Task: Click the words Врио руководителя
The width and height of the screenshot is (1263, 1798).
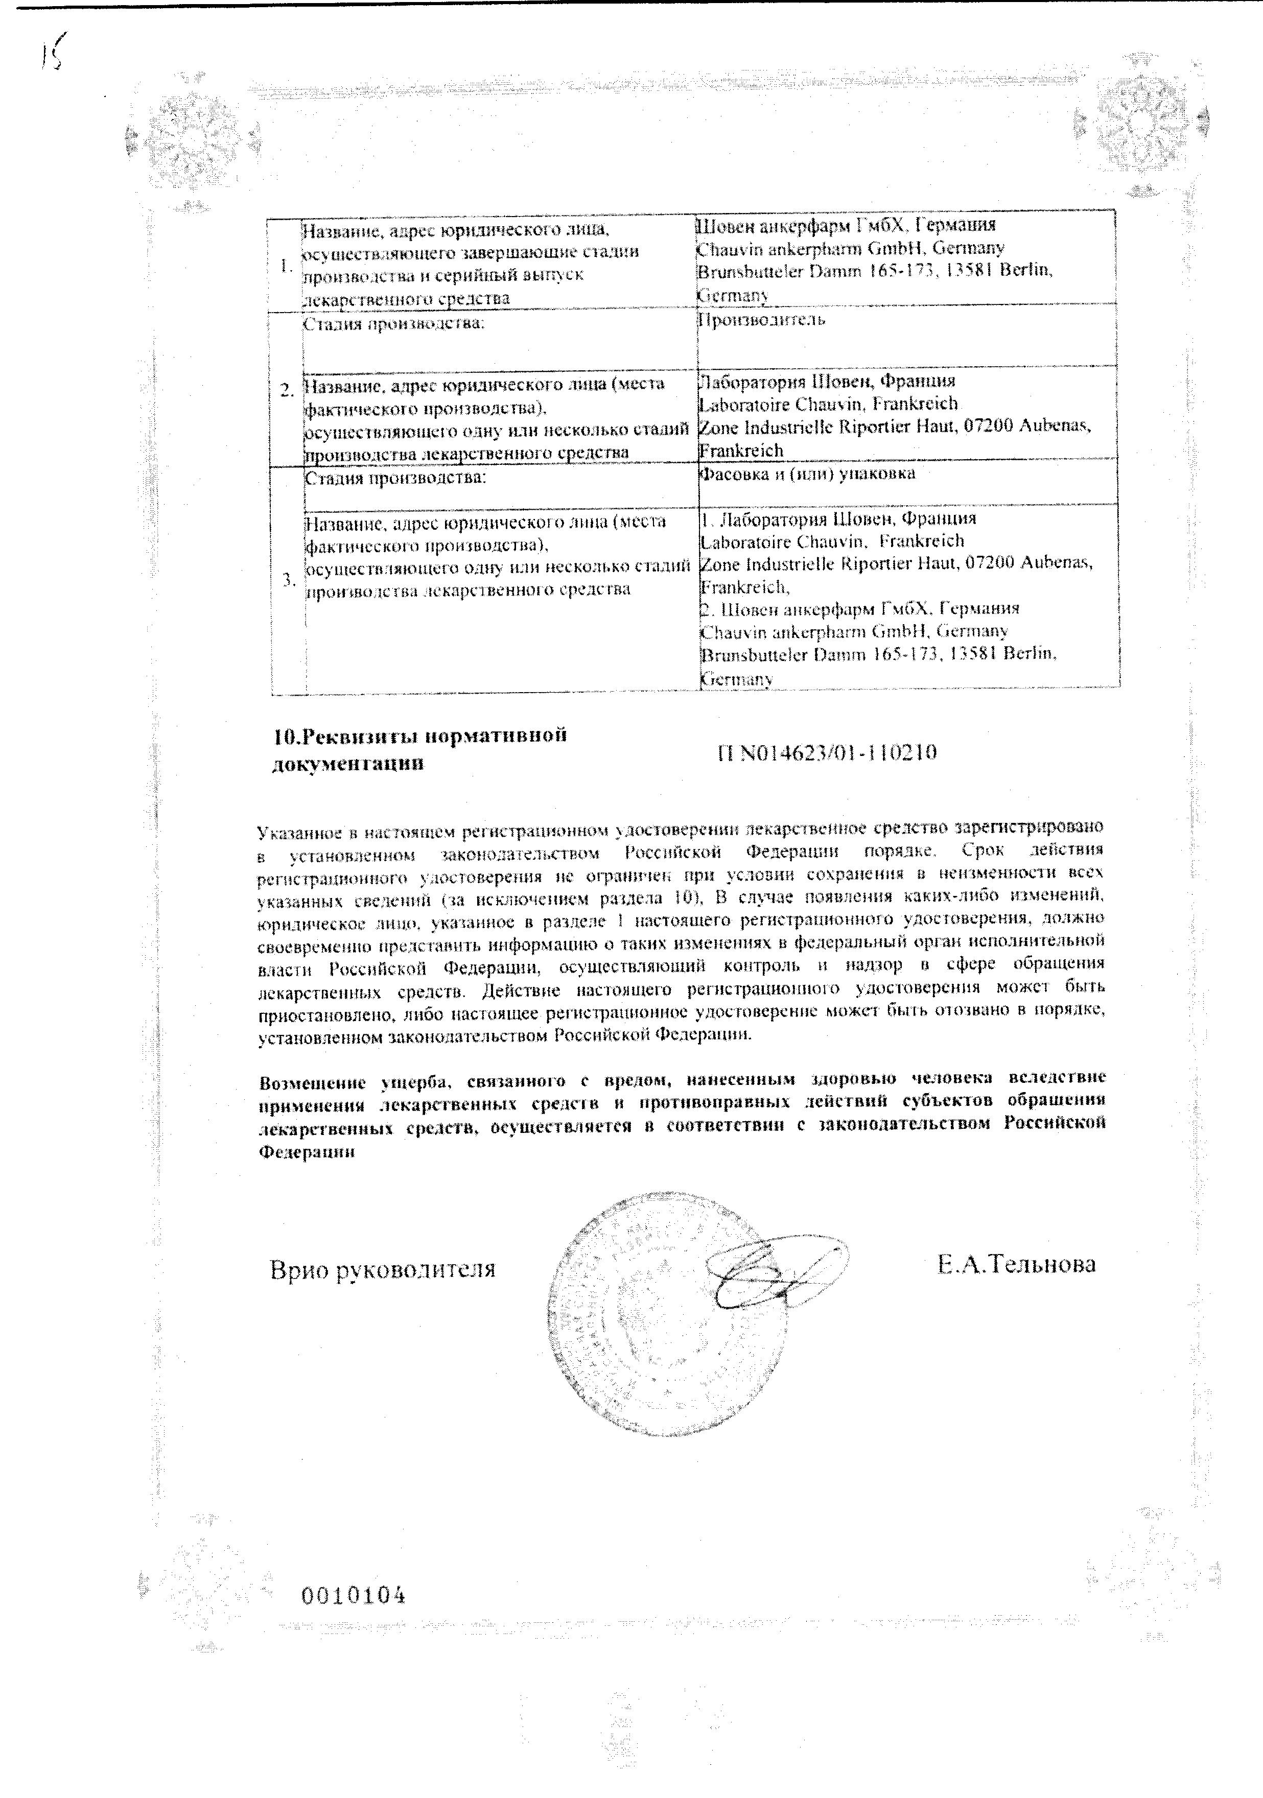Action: (x=382, y=1269)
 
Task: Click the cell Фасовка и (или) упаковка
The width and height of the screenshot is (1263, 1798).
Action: (x=807, y=474)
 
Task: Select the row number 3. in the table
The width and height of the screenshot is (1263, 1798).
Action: (x=288, y=580)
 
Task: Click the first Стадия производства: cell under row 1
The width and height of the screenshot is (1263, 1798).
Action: (x=393, y=323)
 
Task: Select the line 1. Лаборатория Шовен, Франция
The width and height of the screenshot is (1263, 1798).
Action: (x=838, y=518)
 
